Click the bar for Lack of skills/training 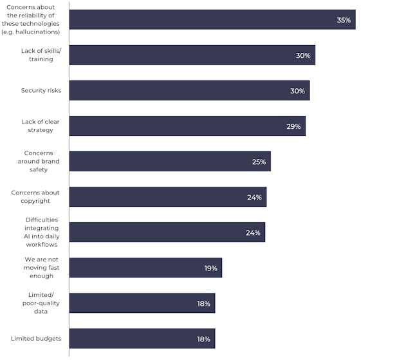click(192, 55)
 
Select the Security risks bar click(189, 91)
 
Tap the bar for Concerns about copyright click(167, 197)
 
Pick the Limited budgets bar click(142, 339)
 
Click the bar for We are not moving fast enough click(145, 268)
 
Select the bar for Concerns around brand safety click(170, 162)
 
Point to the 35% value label click(343, 20)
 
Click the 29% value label click(293, 126)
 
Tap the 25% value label click(259, 162)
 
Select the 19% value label click(210, 268)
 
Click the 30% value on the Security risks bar click(297, 91)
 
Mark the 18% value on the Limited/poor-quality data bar click(203, 303)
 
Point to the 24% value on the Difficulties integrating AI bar click(253, 232)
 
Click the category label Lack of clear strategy click(37, 126)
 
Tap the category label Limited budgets click(36, 338)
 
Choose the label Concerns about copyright click(35, 196)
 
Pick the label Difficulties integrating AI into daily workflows click(41, 232)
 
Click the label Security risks click(41, 90)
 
